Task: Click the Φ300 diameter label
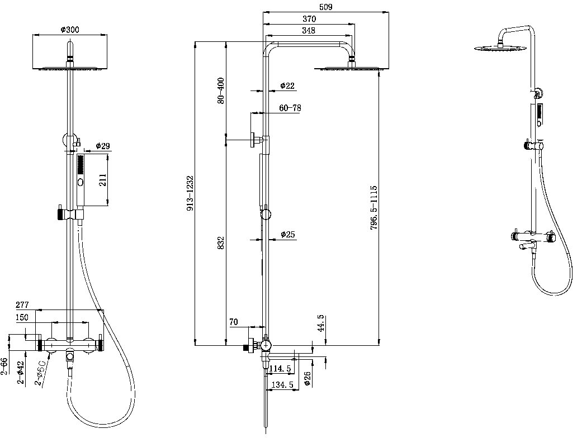[69, 30]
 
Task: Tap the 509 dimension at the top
[325, 7]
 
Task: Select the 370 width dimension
[309, 19]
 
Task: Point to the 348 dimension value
[309, 31]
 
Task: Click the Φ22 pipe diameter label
[287, 85]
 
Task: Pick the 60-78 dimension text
[290, 108]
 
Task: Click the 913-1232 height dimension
[190, 193]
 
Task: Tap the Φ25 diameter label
[288, 234]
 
